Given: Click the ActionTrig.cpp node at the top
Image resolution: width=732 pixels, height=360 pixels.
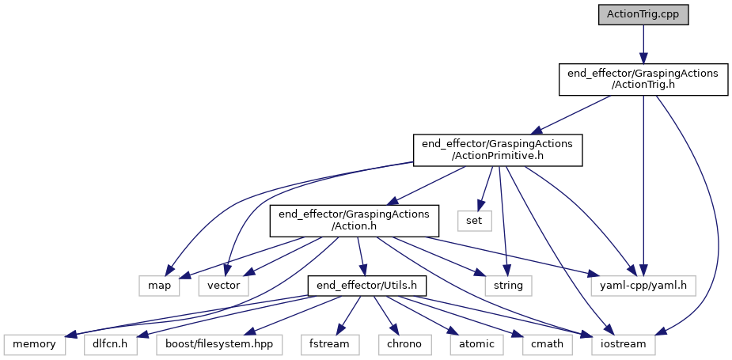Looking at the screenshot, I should pyautogui.click(x=643, y=14).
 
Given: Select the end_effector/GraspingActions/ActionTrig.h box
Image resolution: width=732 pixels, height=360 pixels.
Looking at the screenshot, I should pyautogui.click(x=643, y=80).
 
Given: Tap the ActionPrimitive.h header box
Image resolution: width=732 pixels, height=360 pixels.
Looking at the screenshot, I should pyautogui.click(x=498, y=150).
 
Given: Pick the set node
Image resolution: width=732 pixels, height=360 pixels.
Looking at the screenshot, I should pyautogui.click(x=474, y=219).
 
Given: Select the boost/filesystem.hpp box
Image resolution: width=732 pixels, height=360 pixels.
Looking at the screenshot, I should pyautogui.click(x=219, y=344).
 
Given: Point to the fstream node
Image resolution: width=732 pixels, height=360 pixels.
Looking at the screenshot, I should pyautogui.click(x=329, y=344).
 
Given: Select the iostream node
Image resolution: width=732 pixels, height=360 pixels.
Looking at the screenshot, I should pyautogui.click(x=622, y=344).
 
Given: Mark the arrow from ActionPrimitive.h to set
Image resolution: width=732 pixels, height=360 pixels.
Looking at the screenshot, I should pyautogui.click(x=484, y=187).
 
